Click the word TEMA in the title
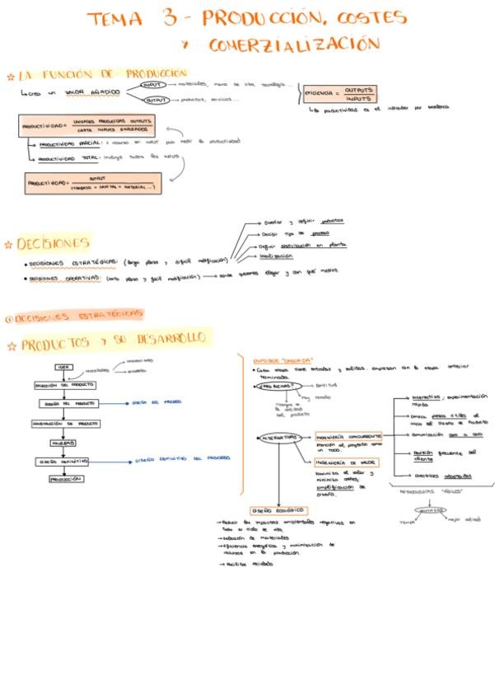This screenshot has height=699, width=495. click(x=116, y=19)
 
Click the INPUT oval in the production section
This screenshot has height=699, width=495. click(x=152, y=84)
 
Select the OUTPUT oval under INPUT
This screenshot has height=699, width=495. click(x=156, y=101)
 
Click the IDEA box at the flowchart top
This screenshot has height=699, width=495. click(x=63, y=367)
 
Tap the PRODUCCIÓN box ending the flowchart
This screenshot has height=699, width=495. click(x=65, y=478)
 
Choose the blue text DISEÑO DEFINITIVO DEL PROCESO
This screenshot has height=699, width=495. click(x=183, y=459)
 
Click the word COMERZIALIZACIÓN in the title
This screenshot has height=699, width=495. click(x=294, y=44)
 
